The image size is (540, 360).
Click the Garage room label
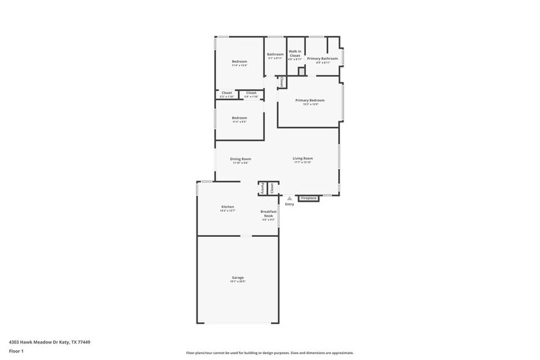238,278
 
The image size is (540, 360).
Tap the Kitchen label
228,207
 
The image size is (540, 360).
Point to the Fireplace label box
309,198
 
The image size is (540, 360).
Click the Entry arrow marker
290,198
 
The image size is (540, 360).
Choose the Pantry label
263,189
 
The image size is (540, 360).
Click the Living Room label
302,159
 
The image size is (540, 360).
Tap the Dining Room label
241,159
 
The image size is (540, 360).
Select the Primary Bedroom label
310,100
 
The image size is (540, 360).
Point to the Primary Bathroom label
323,59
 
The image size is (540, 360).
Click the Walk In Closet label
295,53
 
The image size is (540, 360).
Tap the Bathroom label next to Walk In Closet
275,54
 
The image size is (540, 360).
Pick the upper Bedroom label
239,62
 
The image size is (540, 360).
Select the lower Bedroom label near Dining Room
239,118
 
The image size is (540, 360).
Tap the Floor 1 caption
16,351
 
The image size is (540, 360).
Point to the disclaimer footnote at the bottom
270,353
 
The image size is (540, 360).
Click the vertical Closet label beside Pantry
272,189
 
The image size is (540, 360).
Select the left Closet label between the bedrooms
227,93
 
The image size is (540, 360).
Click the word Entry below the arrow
290,204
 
